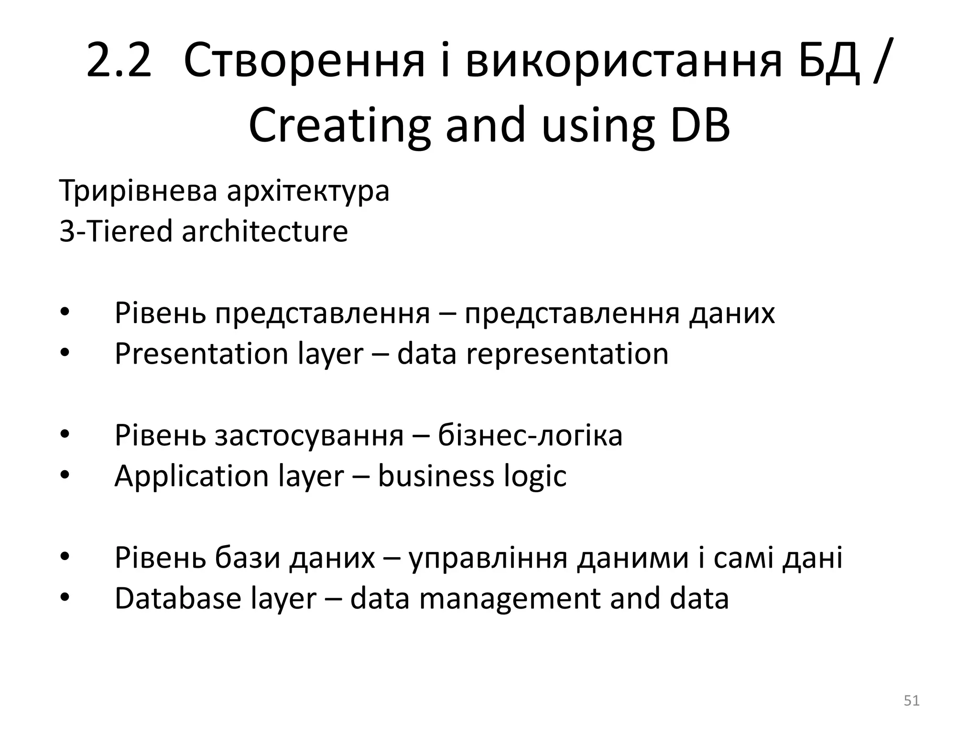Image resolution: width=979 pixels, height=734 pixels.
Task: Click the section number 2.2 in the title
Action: coord(119,61)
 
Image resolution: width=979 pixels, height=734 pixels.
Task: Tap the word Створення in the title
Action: coord(304,61)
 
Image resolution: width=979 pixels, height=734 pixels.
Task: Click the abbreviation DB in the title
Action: coord(700,125)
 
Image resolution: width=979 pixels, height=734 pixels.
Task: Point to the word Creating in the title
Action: coord(339,125)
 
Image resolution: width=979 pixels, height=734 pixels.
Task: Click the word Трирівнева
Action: coord(138,191)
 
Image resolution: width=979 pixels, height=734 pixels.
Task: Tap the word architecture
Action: coord(265,232)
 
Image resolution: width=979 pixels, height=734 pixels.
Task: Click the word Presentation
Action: coord(201,354)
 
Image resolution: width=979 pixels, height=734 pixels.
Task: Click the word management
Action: coord(510,599)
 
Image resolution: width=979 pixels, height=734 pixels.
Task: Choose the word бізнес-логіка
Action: coord(530,436)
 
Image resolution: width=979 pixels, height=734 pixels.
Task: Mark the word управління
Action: coord(488,558)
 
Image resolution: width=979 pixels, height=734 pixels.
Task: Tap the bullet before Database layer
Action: coord(65,598)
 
